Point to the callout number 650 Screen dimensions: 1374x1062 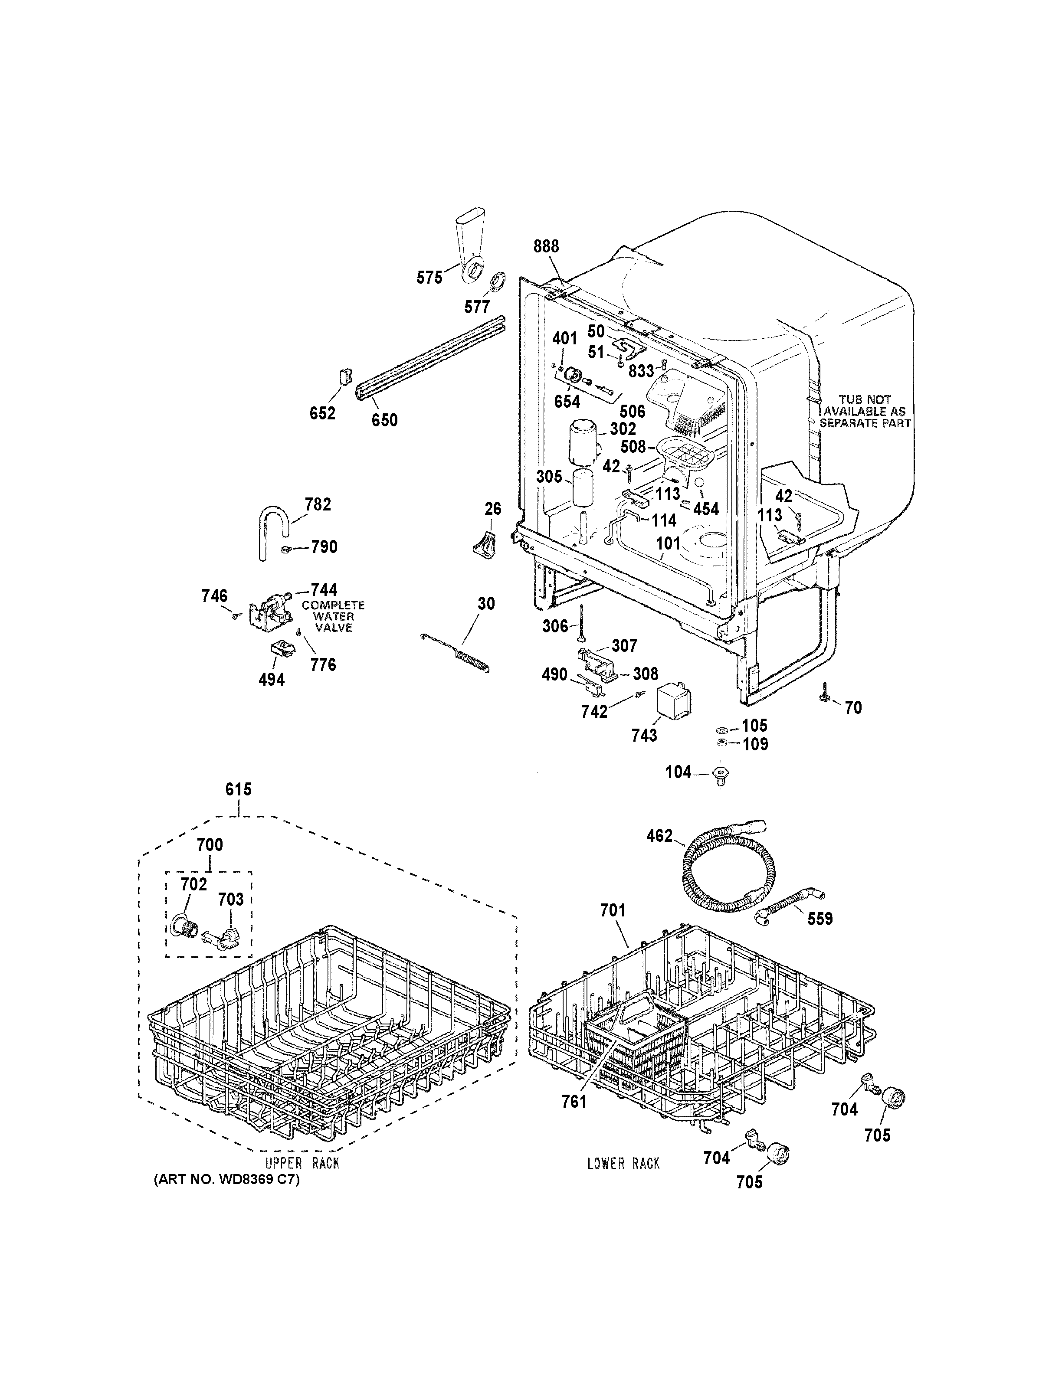click(x=384, y=420)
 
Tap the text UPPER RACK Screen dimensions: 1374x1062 click(x=302, y=1163)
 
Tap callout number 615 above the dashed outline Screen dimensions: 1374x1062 click(x=239, y=789)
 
